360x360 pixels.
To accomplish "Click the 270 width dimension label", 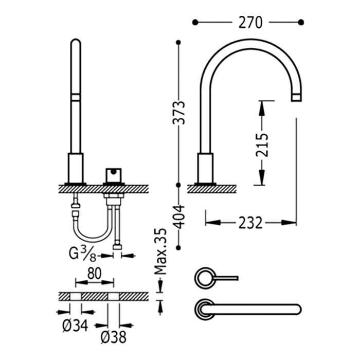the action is coord(250,23).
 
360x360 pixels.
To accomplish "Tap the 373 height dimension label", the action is coord(179,113).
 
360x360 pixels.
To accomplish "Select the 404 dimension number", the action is coord(179,217).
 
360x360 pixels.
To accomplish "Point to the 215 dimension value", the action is coord(262,145).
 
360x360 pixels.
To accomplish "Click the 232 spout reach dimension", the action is coord(250,223).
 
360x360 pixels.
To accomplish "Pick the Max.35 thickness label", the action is coord(160,251).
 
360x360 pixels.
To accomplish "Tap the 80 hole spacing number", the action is coord(94,274).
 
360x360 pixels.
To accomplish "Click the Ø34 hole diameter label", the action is coord(75,326).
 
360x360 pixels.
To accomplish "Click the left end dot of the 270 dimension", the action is coord(195,23).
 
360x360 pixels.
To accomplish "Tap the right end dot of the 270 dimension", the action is coord(301,23).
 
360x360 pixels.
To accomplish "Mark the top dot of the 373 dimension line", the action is coord(179,43).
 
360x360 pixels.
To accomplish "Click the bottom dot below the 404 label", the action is coord(179,247).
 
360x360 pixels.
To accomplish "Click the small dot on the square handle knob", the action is coord(113,171).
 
